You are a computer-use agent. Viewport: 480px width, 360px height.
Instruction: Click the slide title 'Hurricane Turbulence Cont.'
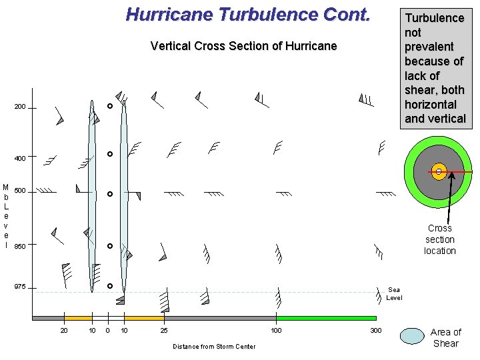point(247,14)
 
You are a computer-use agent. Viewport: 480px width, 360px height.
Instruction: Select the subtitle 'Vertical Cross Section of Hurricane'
point(243,46)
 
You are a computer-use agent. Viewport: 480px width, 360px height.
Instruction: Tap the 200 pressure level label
point(20,107)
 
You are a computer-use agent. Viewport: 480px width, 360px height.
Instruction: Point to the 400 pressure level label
point(20,159)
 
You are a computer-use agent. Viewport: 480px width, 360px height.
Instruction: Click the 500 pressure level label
point(20,191)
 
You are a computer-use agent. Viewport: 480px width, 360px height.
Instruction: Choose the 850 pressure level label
point(20,247)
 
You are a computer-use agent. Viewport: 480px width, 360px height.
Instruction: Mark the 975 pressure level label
point(20,287)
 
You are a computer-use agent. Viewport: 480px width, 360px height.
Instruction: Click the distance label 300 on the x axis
point(376,331)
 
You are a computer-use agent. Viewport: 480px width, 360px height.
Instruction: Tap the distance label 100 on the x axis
point(275,331)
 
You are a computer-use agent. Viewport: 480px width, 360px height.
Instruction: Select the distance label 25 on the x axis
point(164,331)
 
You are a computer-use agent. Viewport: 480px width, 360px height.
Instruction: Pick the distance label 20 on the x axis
point(64,331)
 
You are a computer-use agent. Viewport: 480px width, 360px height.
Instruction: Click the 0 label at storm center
point(107,331)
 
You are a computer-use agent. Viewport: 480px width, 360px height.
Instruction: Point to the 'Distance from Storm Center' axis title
point(213,346)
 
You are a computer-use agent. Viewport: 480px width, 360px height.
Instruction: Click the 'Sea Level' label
point(394,293)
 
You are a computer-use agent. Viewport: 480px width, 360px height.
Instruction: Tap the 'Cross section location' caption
point(440,239)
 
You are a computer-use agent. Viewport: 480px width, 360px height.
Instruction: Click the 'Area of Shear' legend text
point(445,337)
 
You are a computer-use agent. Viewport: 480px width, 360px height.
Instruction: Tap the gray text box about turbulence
point(435,68)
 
